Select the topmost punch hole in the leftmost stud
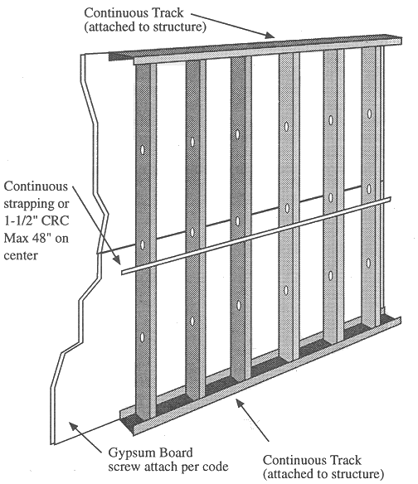pos(142,150)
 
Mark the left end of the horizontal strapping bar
pos(123,270)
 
